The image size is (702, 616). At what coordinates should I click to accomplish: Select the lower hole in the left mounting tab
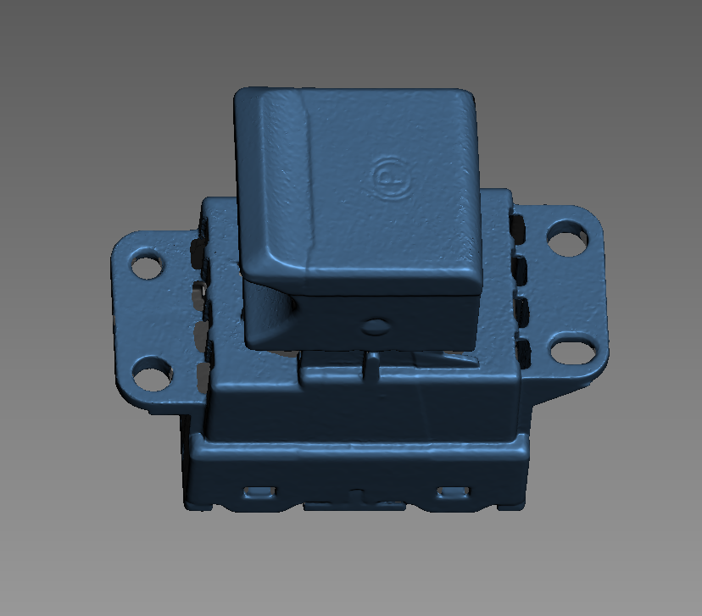pos(152,373)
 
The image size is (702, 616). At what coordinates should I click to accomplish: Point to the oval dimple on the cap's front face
pos(373,324)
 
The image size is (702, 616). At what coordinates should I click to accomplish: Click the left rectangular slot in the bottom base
pos(260,491)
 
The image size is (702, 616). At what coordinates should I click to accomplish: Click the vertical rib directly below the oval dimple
pos(371,366)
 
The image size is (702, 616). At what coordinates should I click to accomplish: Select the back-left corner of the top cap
pos(242,93)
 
